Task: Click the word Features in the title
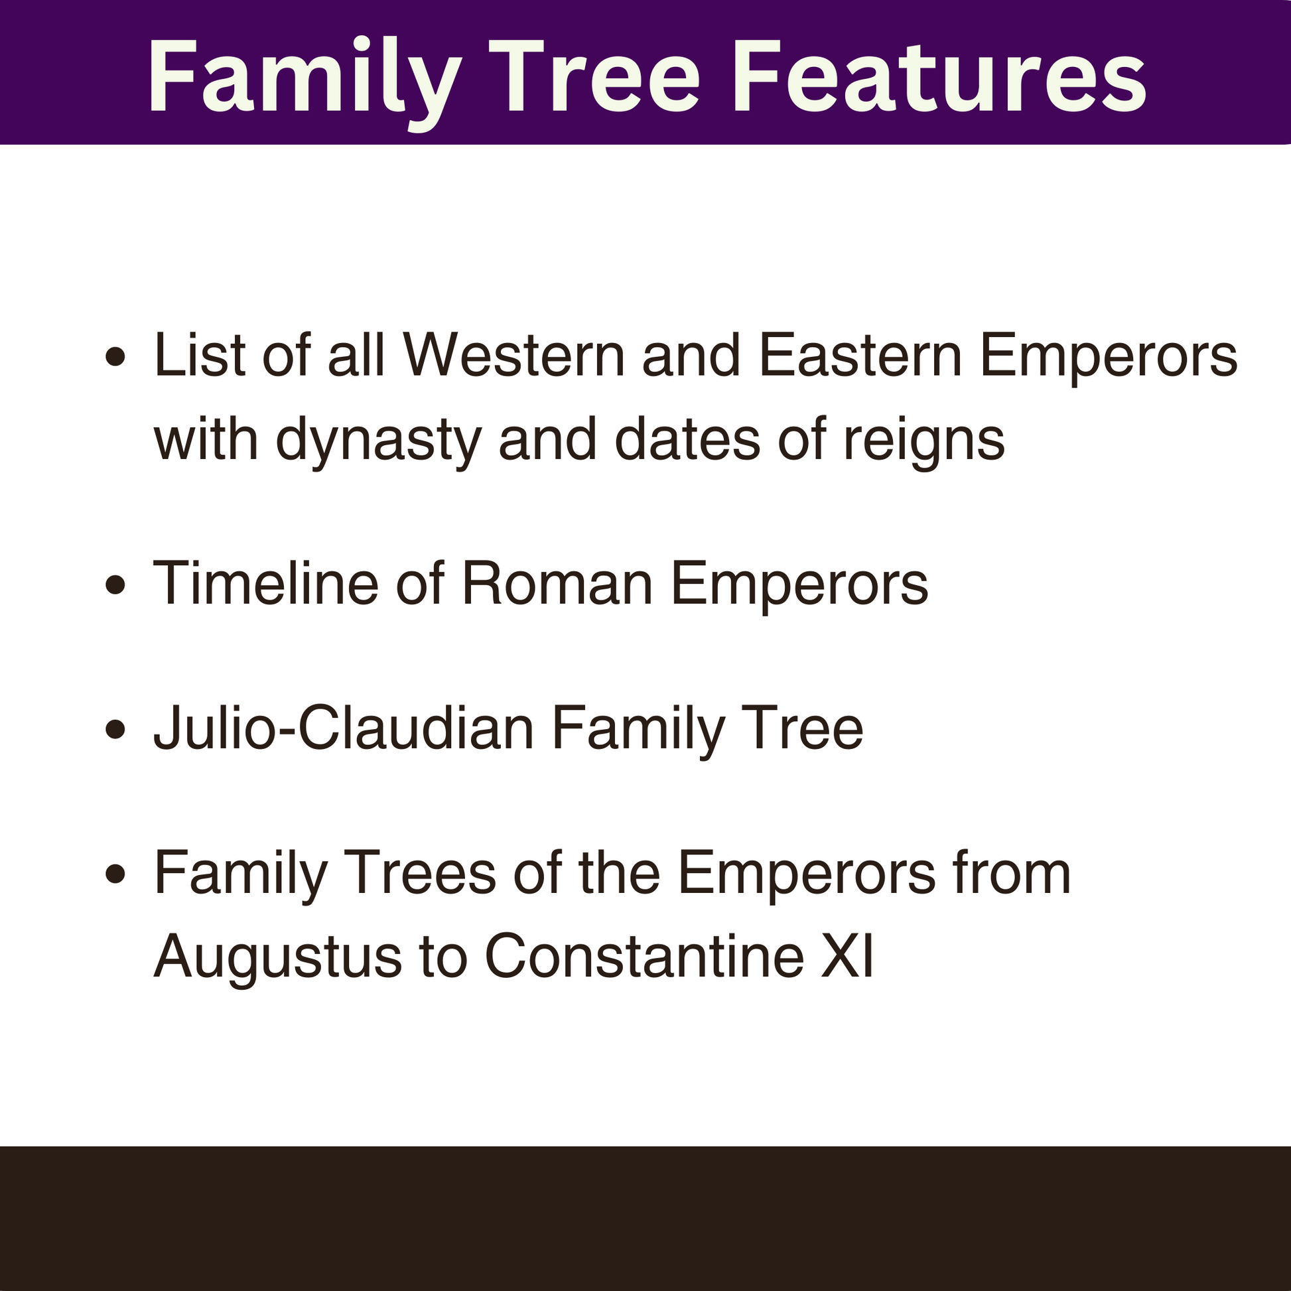(x=938, y=78)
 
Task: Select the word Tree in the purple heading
(x=597, y=78)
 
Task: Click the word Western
(x=514, y=356)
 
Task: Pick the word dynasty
(x=378, y=441)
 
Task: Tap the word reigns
(x=923, y=441)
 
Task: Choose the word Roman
(x=557, y=584)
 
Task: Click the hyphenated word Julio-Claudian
(x=344, y=728)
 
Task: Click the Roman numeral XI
(x=847, y=957)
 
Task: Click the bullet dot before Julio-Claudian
(x=115, y=729)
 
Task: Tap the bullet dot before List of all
(x=115, y=357)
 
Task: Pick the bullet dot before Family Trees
(x=115, y=873)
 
